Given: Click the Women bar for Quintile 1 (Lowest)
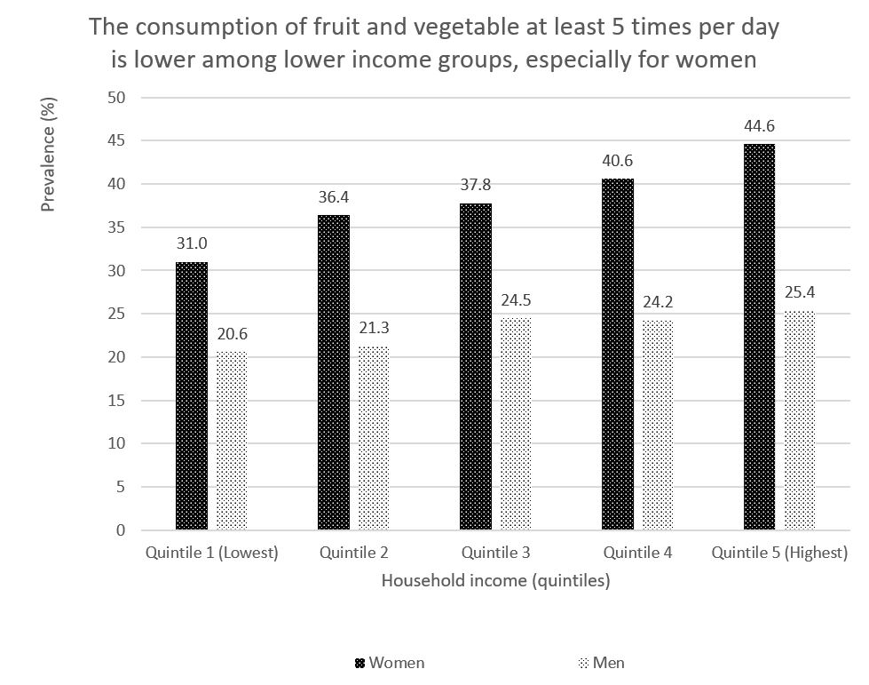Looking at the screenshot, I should point(192,396).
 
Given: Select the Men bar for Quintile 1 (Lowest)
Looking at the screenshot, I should point(232,442).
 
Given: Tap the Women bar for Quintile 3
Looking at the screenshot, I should point(476,367).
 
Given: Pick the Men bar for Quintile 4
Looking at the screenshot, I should point(658,426).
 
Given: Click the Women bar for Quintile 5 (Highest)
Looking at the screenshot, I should point(760,338).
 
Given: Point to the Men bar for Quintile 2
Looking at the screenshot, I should point(374,438).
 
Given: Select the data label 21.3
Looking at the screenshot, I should point(374,329).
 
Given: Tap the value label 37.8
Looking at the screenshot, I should point(476,187).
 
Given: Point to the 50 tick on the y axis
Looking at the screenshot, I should point(115,97).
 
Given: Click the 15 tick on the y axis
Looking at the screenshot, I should point(115,401).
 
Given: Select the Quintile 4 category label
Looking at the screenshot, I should point(637,553).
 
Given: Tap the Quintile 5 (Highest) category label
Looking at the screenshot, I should point(779,553).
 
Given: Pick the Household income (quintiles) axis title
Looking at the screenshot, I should point(495,581).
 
